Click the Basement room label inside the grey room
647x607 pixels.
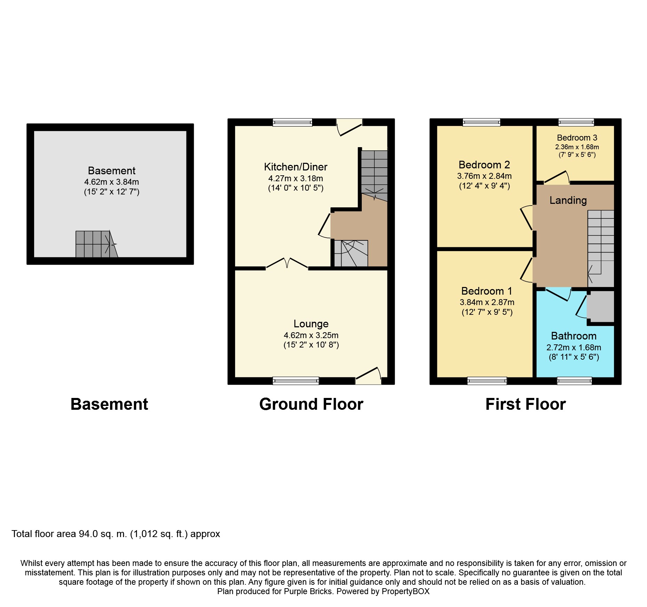(x=112, y=171)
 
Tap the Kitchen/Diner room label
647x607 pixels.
(x=296, y=167)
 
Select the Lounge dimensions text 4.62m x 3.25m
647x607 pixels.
(x=311, y=335)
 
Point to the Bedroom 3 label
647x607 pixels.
(x=577, y=138)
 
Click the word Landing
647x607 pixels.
(x=568, y=200)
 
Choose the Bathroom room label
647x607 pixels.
(x=574, y=336)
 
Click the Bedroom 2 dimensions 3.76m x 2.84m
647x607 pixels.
(x=485, y=176)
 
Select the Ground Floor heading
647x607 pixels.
(x=311, y=404)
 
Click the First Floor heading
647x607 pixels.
(x=526, y=404)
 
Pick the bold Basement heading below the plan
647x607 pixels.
(x=109, y=404)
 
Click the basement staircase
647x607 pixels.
(x=97, y=244)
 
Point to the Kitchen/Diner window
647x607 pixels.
(x=293, y=122)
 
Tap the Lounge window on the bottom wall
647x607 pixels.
(x=296, y=381)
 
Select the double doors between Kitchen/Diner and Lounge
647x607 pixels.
(x=287, y=263)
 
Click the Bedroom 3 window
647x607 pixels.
(x=576, y=122)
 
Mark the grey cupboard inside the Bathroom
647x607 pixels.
(x=600, y=306)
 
